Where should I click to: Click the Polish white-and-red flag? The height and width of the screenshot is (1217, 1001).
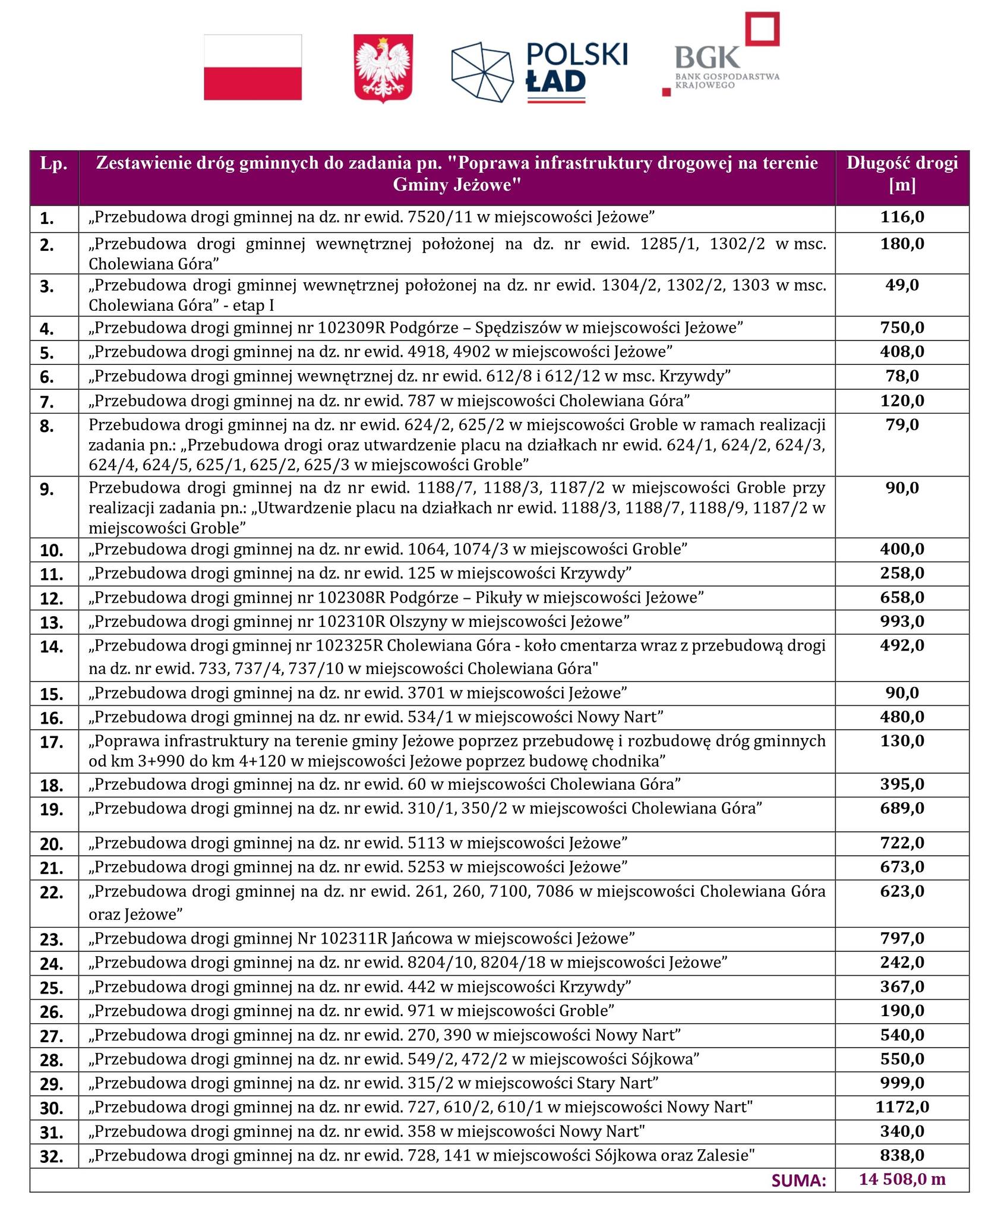pos(252,67)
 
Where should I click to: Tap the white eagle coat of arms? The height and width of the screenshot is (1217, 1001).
pos(383,68)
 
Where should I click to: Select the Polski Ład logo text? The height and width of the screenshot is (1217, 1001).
pos(576,68)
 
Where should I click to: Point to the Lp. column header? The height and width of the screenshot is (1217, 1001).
pos(53,164)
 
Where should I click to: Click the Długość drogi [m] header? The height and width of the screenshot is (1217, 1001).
pos(902,174)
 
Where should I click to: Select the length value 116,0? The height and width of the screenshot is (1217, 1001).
pos(902,217)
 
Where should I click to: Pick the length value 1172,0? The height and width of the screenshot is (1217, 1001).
pos(902,1106)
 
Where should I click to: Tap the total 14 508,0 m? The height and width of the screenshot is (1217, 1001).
pos(902,1180)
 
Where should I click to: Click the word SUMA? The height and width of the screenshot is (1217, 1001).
pos(799,1181)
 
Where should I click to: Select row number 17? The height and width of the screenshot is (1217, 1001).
pos(52,743)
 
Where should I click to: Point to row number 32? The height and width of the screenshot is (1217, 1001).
pos(52,1157)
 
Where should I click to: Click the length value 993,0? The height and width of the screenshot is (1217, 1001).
pos(902,622)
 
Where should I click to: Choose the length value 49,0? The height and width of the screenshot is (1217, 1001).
pos(902,285)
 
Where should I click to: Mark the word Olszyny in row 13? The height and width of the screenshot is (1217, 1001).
pos(416,622)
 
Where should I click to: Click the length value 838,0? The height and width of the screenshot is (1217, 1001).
pos(902,1155)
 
